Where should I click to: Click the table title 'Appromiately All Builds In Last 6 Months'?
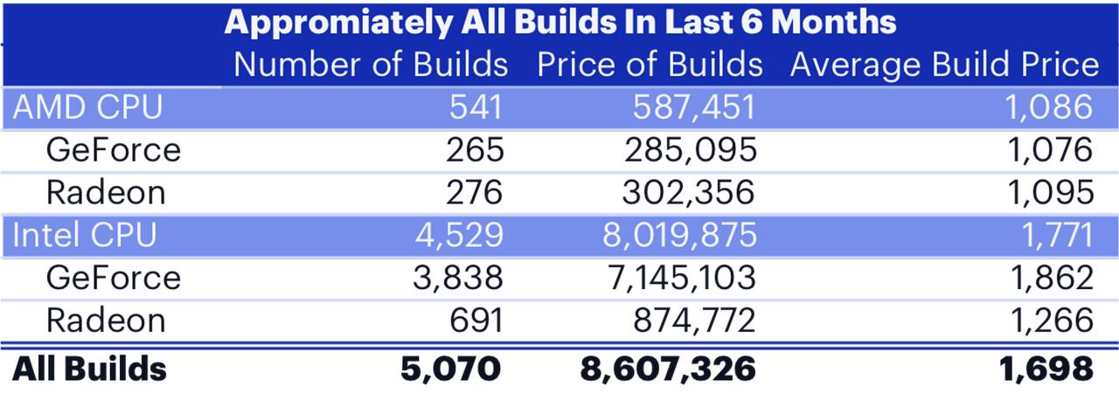pyautogui.click(x=560, y=23)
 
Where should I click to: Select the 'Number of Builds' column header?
pyautogui.click(x=372, y=65)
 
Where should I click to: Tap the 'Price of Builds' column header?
pyautogui.click(x=650, y=65)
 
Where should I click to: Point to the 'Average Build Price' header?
pyautogui.click(x=944, y=65)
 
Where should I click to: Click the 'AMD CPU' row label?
pyautogui.click(x=88, y=107)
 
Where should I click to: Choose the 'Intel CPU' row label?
pyautogui.click(x=85, y=235)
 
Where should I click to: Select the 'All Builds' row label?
pyautogui.click(x=89, y=369)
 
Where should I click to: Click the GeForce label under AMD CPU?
pyautogui.click(x=114, y=150)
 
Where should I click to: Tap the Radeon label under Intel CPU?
pyautogui.click(x=106, y=321)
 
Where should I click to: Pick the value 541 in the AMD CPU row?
pyautogui.click(x=476, y=107)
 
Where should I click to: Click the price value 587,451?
pyautogui.click(x=694, y=107)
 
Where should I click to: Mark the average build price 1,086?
pyautogui.click(x=1048, y=107)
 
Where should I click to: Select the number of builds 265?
pyautogui.click(x=475, y=150)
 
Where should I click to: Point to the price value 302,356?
pyautogui.click(x=688, y=193)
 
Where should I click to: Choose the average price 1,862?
pyautogui.click(x=1052, y=278)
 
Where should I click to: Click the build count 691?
pyautogui.click(x=476, y=321)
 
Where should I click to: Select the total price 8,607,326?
pyautogui.click(x=668, y=369)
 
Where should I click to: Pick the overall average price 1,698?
pyautogui.click(x=1046, y=369)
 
